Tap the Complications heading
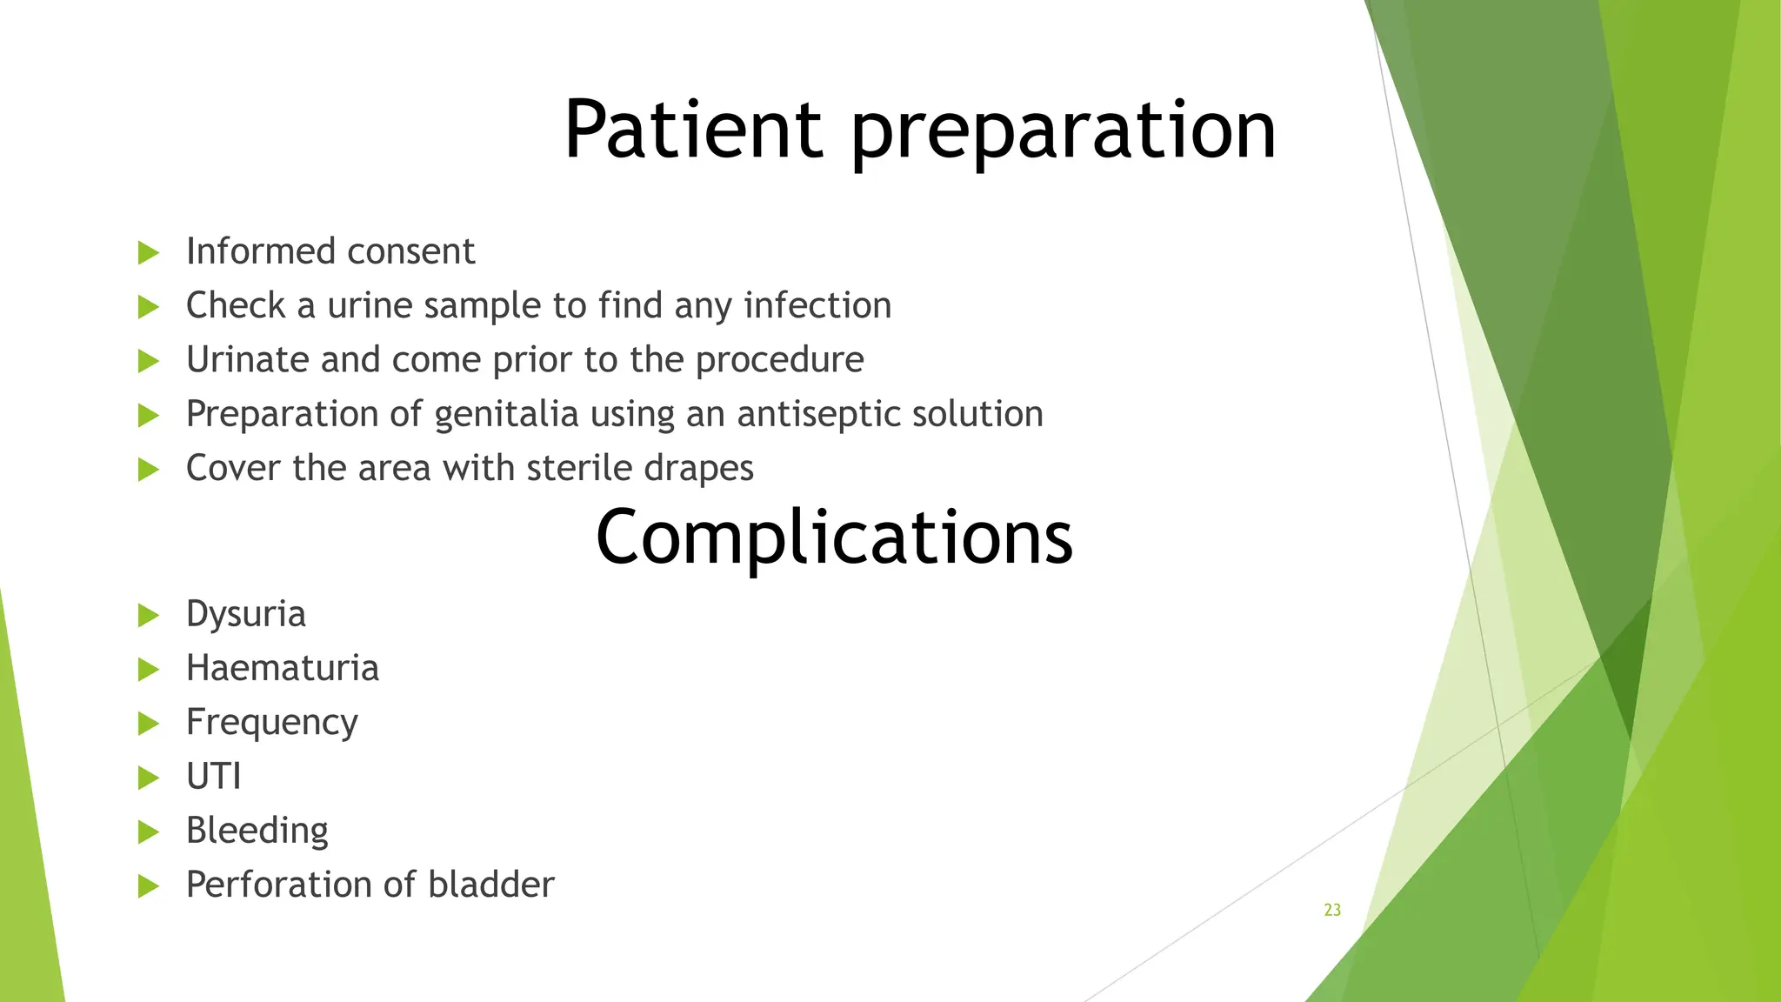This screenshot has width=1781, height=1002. click(x=834, y=538)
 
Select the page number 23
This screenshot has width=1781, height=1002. click(x=1332, y=910)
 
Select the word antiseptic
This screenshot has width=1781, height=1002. click(x=805, y=414)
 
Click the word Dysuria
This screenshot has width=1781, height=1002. click(x=246, y=615)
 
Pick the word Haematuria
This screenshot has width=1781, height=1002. click(x=283, y=669)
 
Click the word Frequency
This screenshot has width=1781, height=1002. click(x=271, y=723)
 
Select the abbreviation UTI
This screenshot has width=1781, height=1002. click(x=214, y=777)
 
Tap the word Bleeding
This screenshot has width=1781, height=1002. click(x=257, y=831)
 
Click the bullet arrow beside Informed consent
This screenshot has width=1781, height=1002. click(x=149, y=253)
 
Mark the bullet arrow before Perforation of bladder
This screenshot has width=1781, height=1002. click(x=149, y=886)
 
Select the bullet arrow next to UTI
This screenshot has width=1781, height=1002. click(x=149, y=778)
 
